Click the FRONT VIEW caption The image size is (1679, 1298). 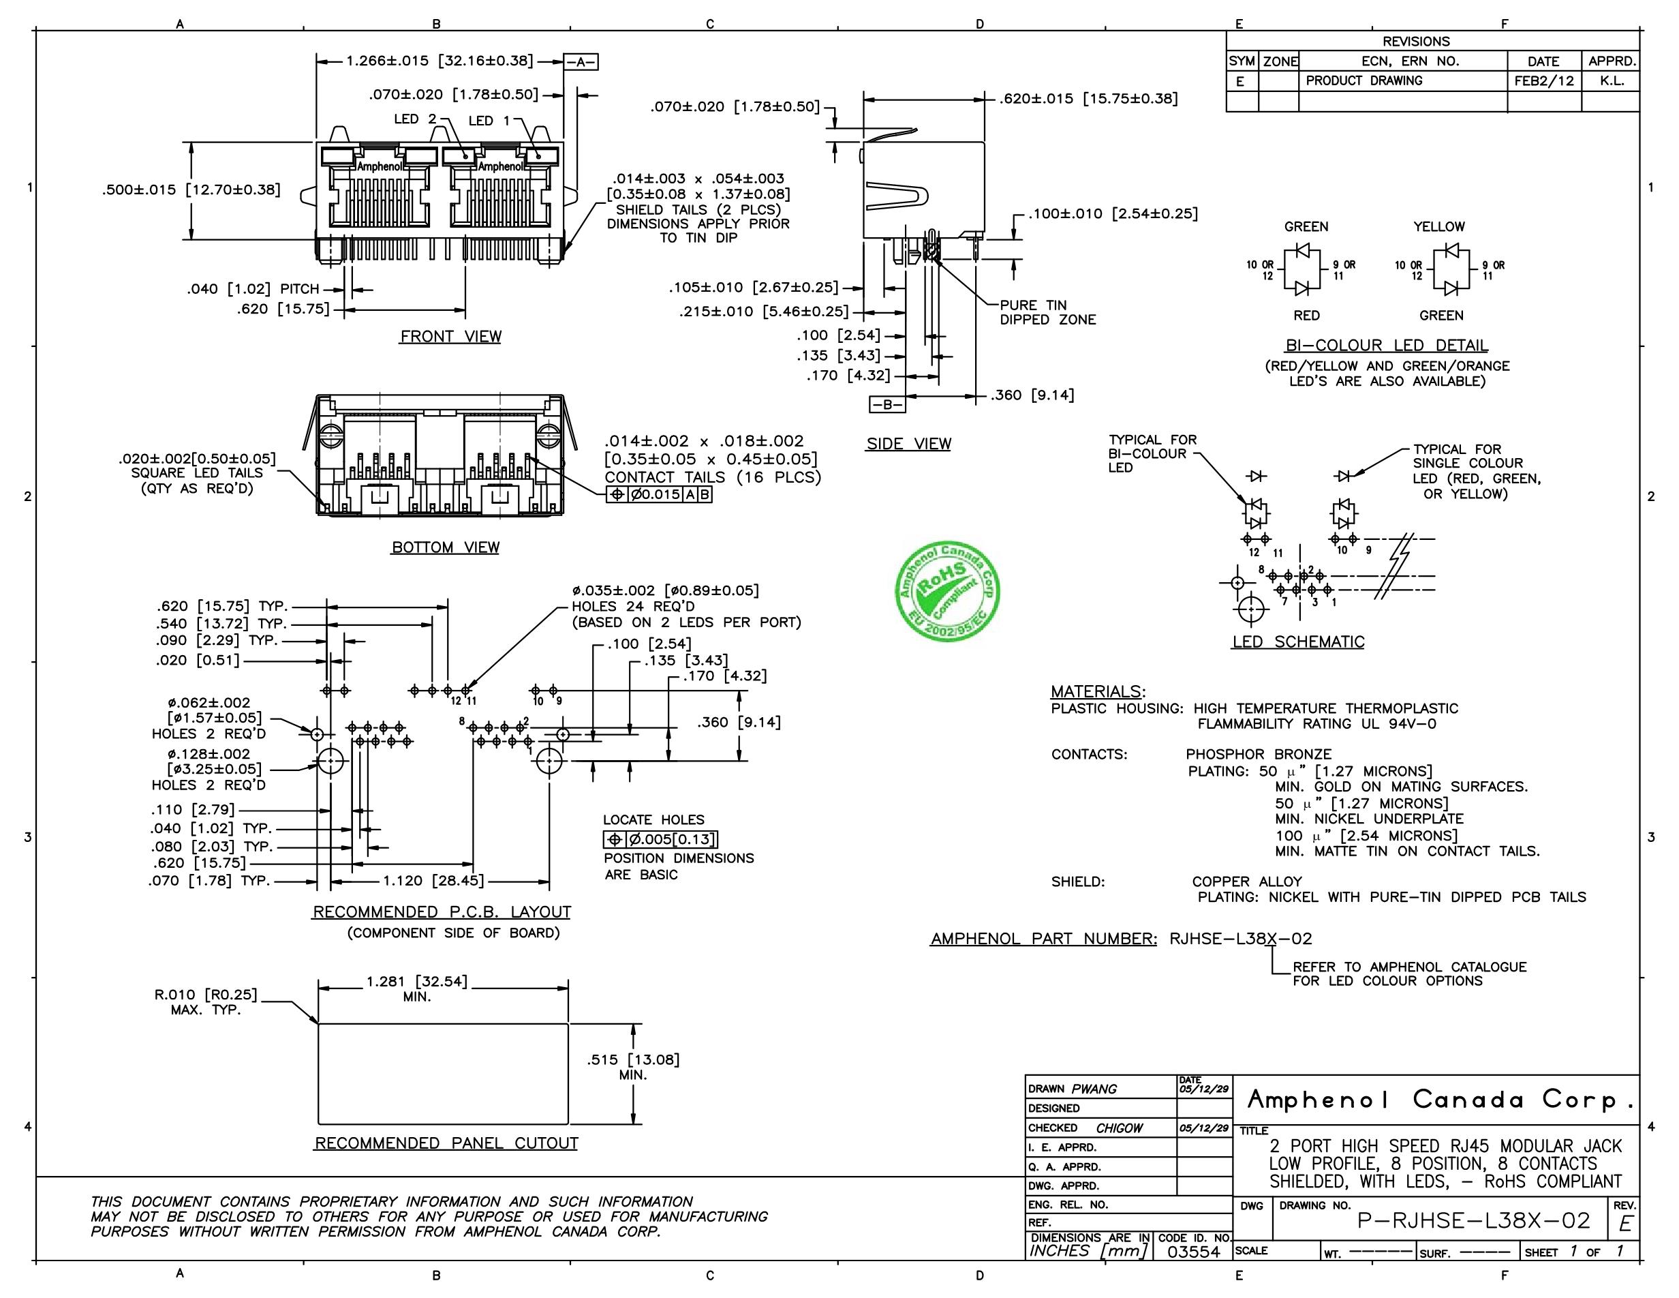pyautogui.click(x=450, y=337)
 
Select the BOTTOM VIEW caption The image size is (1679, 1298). pyautogui.click(x=445, y=547)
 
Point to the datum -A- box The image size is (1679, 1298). pyautogui.click(x=581, y=62)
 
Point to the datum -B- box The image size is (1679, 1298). pyautogui.click(x=887, y=404)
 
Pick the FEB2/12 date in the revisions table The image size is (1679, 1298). pyautogui.click(x=1543, y=80)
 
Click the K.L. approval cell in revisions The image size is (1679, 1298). pyautogui.click(x=1611, y=80)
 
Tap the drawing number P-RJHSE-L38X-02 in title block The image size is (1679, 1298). pyautogui.click(x=1473, y=1220)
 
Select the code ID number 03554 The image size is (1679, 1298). pyautogui.click(x=1194, y=1251)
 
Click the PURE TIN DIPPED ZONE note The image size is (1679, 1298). pyautogui.click(x=1047, y=312)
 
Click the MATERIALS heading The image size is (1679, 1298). pyautogui.click(x=1097, y=691)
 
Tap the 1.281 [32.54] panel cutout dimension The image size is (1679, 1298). pyautogui.click(x=416, y=982)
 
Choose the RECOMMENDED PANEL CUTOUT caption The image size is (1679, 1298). pyautogui.click(x=446, y=1143)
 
